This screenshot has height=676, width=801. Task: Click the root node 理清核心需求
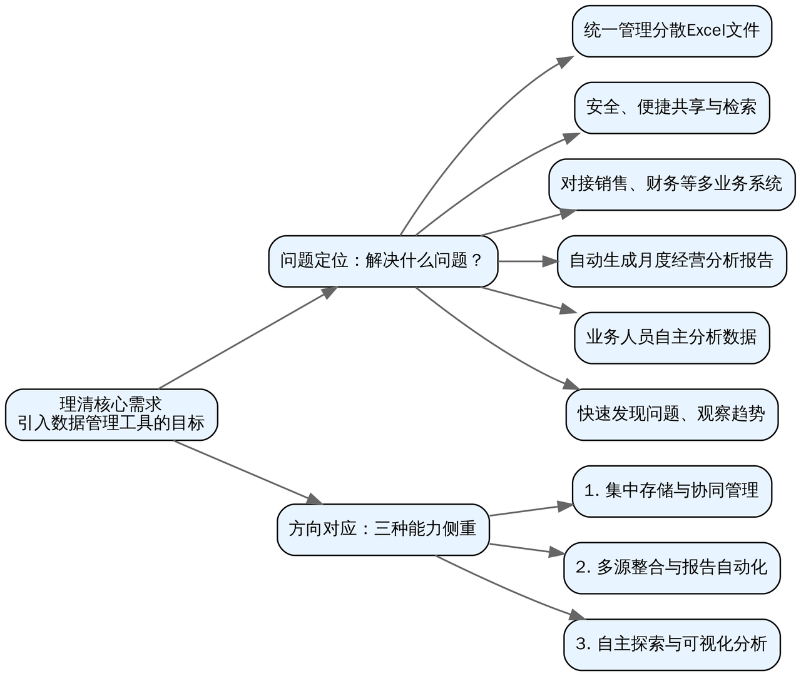pos(111,415)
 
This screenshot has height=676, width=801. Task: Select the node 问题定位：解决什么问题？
pos(383,261)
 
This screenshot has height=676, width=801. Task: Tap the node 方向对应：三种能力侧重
pos(383,530)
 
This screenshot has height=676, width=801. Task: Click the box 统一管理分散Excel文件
pos(671,31)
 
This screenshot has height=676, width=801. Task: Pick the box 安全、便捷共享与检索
pos(671,108)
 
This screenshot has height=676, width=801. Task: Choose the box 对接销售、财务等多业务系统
pos(671,184)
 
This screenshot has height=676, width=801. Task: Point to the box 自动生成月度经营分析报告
pos(671,261)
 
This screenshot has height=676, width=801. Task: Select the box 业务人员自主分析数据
pos(671,338)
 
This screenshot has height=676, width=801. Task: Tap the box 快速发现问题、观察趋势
pos(671,415)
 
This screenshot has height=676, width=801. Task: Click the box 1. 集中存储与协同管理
pos(671,492)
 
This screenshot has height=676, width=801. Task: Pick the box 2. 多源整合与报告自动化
pos(671,568)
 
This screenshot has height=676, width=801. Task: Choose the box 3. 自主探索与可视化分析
pos(671,645)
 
